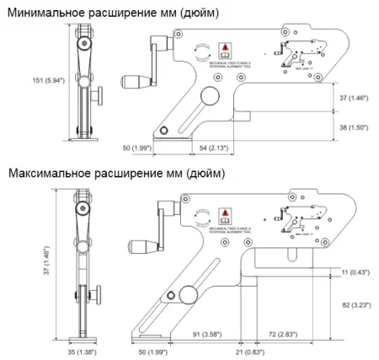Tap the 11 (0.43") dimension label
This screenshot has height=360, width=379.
tap(357, 271)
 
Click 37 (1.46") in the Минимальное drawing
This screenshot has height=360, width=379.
tap(352, 97)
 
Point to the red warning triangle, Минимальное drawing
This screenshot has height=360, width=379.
tap(224, 47)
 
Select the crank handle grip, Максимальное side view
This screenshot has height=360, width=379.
tap(140, 248)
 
